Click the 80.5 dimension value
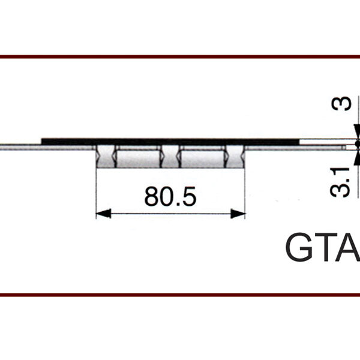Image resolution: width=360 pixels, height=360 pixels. [170, 197]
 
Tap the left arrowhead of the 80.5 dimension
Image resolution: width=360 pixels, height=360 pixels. [104, 214]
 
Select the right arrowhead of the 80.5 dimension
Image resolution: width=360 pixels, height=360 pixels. [238, 214]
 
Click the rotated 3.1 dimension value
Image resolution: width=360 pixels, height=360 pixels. [340, 182]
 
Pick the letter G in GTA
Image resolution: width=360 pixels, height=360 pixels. [300, 247]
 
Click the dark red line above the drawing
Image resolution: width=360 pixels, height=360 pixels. [180, 57]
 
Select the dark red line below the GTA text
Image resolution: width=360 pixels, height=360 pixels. [180, 295]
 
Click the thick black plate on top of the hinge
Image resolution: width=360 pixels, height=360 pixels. [170, 142]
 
